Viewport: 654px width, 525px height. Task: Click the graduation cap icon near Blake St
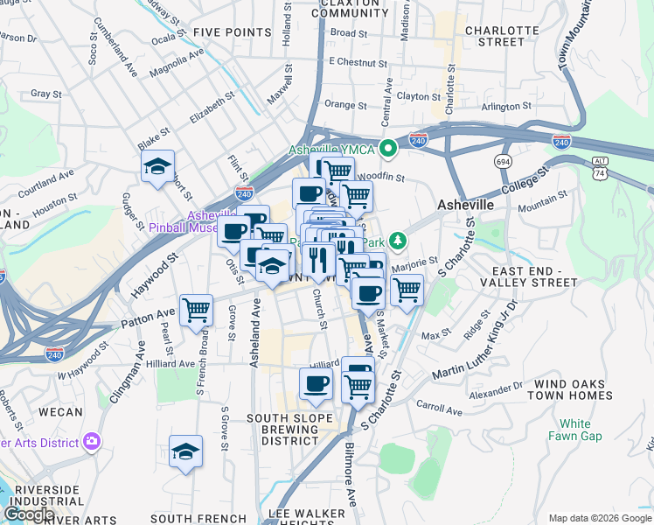click(157, 166)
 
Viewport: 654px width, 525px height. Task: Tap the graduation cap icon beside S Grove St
click(185, 451)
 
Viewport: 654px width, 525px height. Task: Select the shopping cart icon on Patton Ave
click(196, 309)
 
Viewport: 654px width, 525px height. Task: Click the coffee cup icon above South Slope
click(316, 382)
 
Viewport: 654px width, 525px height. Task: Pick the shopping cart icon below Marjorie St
click(407, 289)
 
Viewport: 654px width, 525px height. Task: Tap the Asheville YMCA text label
click(332, 150)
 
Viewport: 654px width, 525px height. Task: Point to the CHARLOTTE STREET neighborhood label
click(502, 35)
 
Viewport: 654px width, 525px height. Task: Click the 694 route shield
click(502, 162)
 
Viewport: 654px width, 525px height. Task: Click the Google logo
click(29, 514)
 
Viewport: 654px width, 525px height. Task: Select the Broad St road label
click(349, 33)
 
